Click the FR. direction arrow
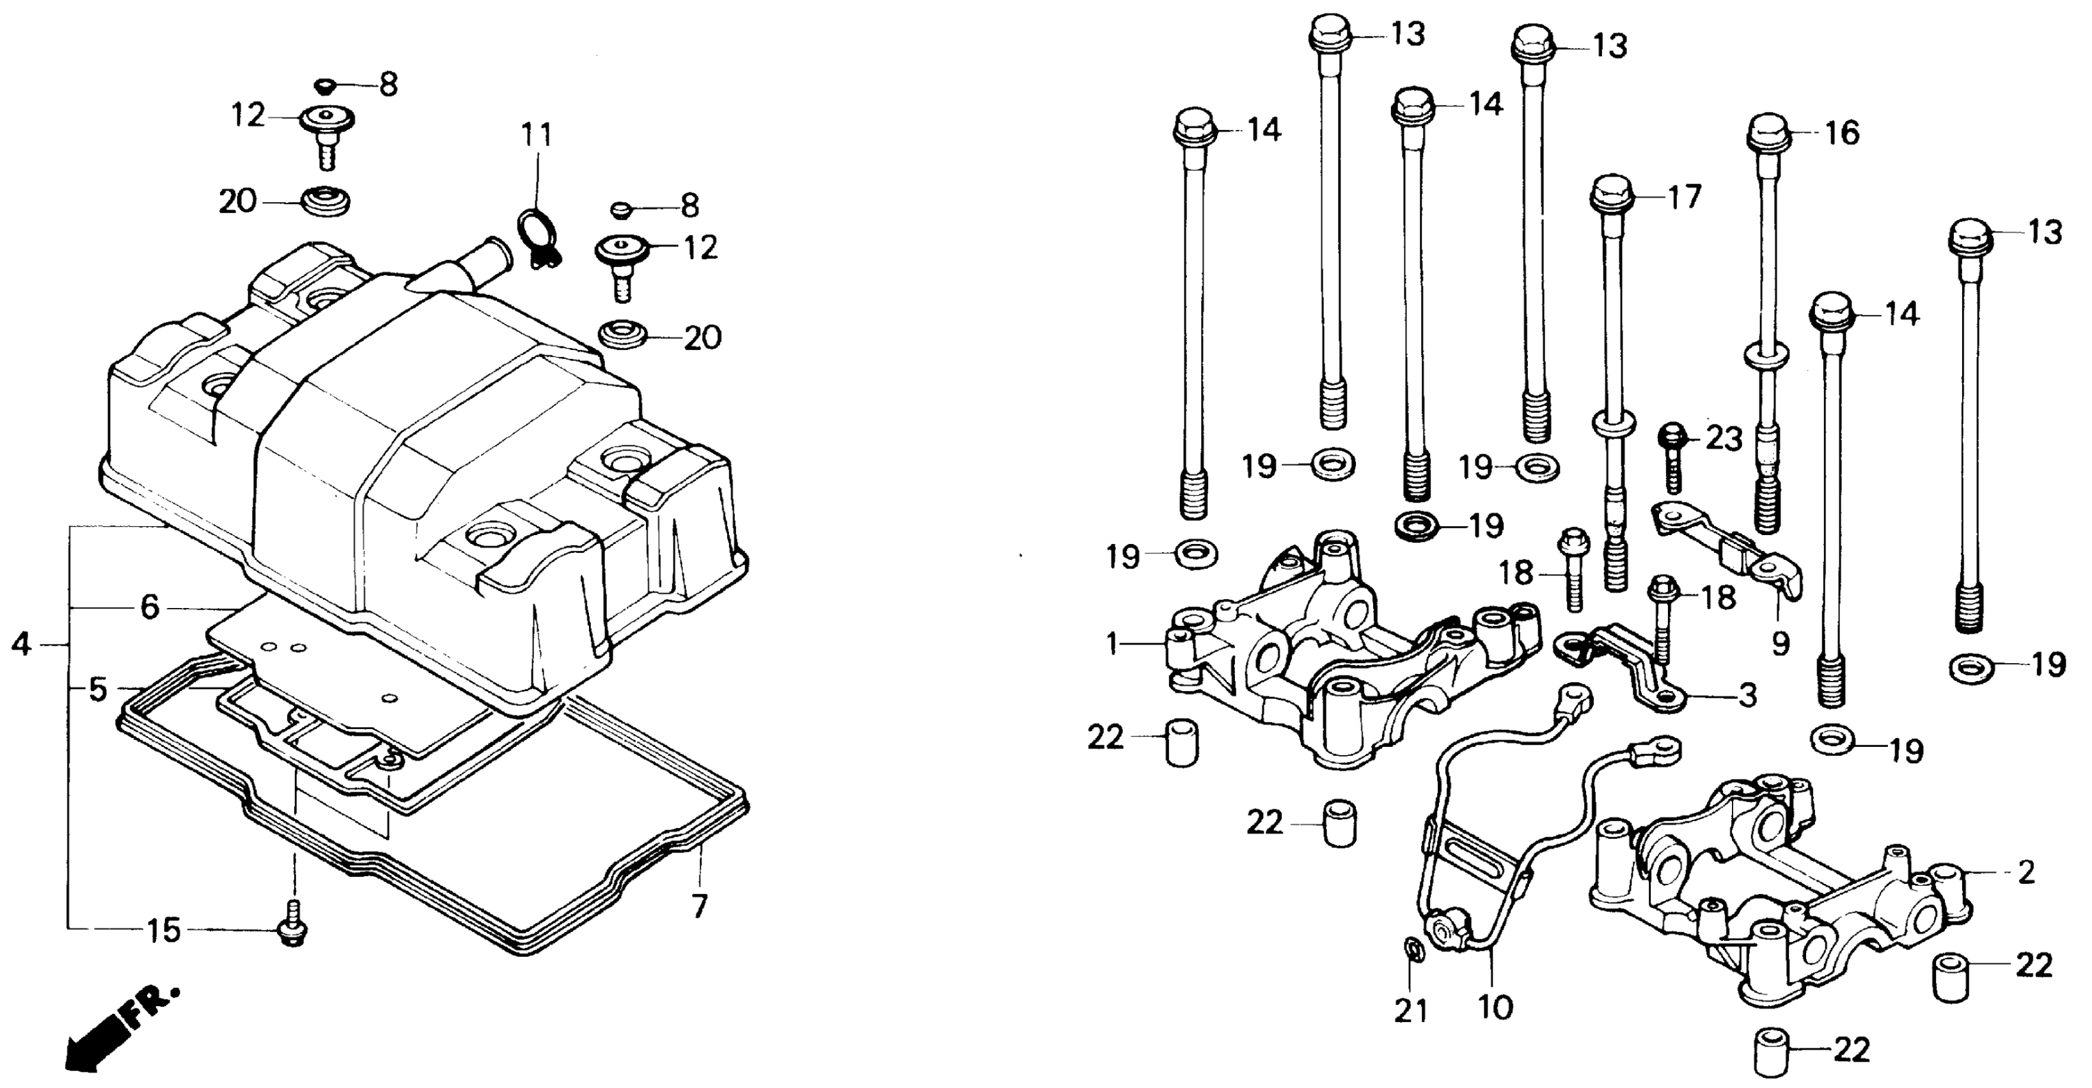click(x=114, y=1031)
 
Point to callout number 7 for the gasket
click(x=699, y=904)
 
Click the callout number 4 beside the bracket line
click(x=21, y=644)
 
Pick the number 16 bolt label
click(x=1843, y=132)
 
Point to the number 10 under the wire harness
click(x=1495, y=1009)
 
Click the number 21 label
click(x=1411, y=1011)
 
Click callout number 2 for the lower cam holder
click(x=2025, y=874)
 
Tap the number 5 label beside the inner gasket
click(x=97, y=690)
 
